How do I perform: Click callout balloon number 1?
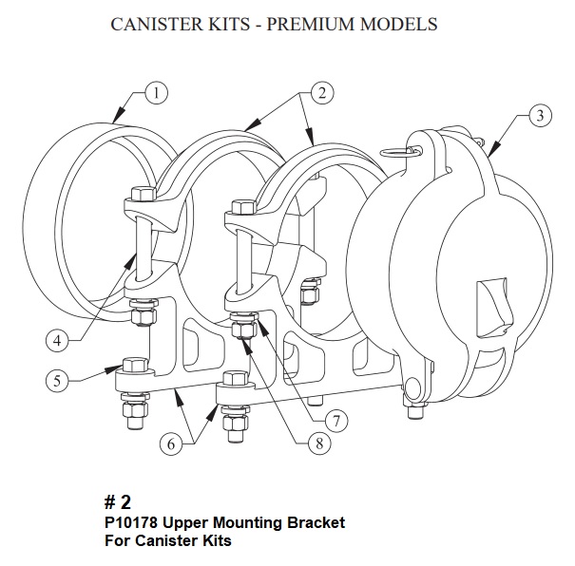(x=156, y=93)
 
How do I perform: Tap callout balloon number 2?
(x=322, y=93)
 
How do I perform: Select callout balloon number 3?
(x=539, y=118)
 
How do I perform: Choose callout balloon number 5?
(x=57, y=380)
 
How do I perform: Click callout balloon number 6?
(x=172, y=442)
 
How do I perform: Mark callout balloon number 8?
(x=302, y=442)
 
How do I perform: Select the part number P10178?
(x=133, y=523)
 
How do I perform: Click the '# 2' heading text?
(x=117, y=502)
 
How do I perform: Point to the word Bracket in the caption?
(x=318, y=523)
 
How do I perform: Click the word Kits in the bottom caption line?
(x=214, y=541)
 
